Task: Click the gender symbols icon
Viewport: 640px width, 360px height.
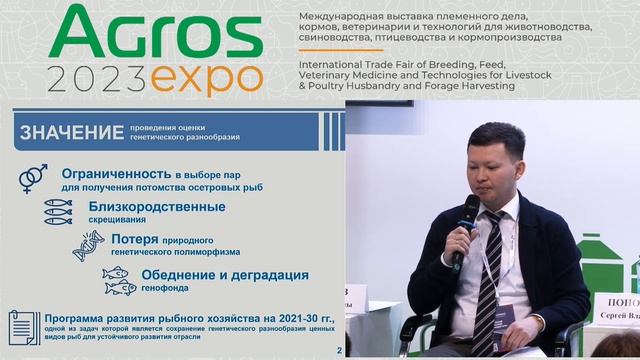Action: point(33,178)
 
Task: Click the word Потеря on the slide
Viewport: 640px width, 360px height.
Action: point(135,240)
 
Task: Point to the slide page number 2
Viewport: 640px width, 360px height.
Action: point(338,351)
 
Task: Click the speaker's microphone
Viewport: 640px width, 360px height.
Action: point(465,225)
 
